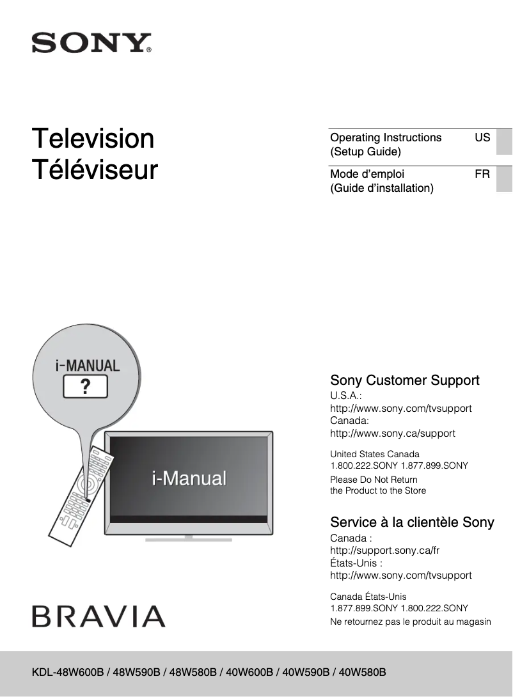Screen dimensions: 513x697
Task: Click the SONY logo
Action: coord(91,43)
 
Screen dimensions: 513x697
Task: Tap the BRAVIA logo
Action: coord(99,616)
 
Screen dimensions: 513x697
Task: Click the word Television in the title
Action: coord(93,139)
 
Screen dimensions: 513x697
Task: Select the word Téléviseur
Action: coord(95,170)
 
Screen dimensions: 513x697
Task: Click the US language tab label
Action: coord(482,137)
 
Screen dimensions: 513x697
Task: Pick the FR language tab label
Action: coord(482,174)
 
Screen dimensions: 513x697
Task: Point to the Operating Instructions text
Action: coord(386,137)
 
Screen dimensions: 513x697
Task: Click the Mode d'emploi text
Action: coord(367,174)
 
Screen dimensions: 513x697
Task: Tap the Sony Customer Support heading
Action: coord(404,380)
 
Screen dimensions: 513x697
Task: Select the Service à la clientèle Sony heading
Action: coord(412,522)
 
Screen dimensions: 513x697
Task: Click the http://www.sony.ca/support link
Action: coord(392,434)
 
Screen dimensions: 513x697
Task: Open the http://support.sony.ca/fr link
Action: coord(384,551)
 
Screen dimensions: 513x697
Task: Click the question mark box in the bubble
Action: coord(84,386)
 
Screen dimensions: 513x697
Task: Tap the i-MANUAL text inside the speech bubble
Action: coord(87,366)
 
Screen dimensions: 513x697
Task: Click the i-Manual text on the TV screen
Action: coord(189,478)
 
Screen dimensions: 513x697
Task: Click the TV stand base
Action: coord(188,539)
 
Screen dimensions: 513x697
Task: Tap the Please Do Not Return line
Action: coord(374,480)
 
